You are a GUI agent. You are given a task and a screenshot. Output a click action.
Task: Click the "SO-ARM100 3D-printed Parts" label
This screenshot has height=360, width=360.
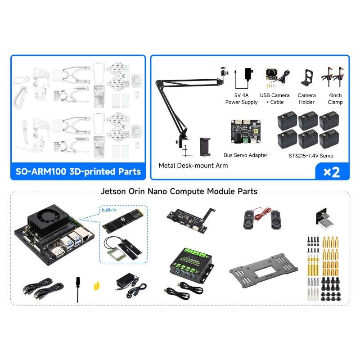pyautogui.click(x=77, y=171)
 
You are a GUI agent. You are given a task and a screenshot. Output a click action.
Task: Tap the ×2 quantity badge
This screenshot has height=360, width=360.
pyautogui.click(x=332, y=172)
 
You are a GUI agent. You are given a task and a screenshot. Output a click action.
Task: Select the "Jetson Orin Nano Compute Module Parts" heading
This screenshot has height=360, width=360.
pyautogui.click(x=180, y=191)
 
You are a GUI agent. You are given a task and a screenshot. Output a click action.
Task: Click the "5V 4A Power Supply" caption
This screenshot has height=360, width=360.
pyautogui.click(x=242, y=99)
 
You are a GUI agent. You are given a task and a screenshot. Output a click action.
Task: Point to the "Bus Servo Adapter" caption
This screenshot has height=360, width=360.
pyautogui.click(x=245, y=155)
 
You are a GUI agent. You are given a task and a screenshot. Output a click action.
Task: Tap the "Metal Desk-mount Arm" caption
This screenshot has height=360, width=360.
pyautogui.click(x=193, y=166)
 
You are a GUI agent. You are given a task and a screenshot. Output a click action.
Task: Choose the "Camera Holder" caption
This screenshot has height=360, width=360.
pyautogui.click(x=306, y=99)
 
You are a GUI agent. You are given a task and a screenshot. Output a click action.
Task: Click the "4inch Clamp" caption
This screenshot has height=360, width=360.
pyautogui.click(x=335, y=99)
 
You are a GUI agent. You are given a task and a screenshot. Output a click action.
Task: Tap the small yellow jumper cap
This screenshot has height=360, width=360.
pyautogui.click(x=96, y=285)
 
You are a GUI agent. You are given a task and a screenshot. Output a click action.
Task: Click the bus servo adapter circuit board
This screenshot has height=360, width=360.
pyautogui.click(x=245, y=131)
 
